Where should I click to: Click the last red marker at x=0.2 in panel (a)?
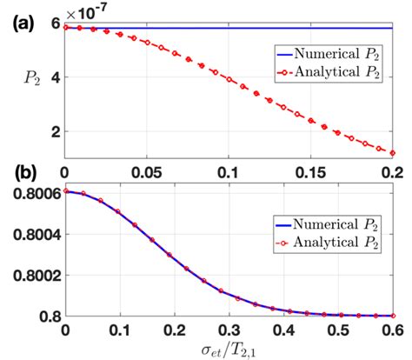pyautogui.click(x=393, y=153)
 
